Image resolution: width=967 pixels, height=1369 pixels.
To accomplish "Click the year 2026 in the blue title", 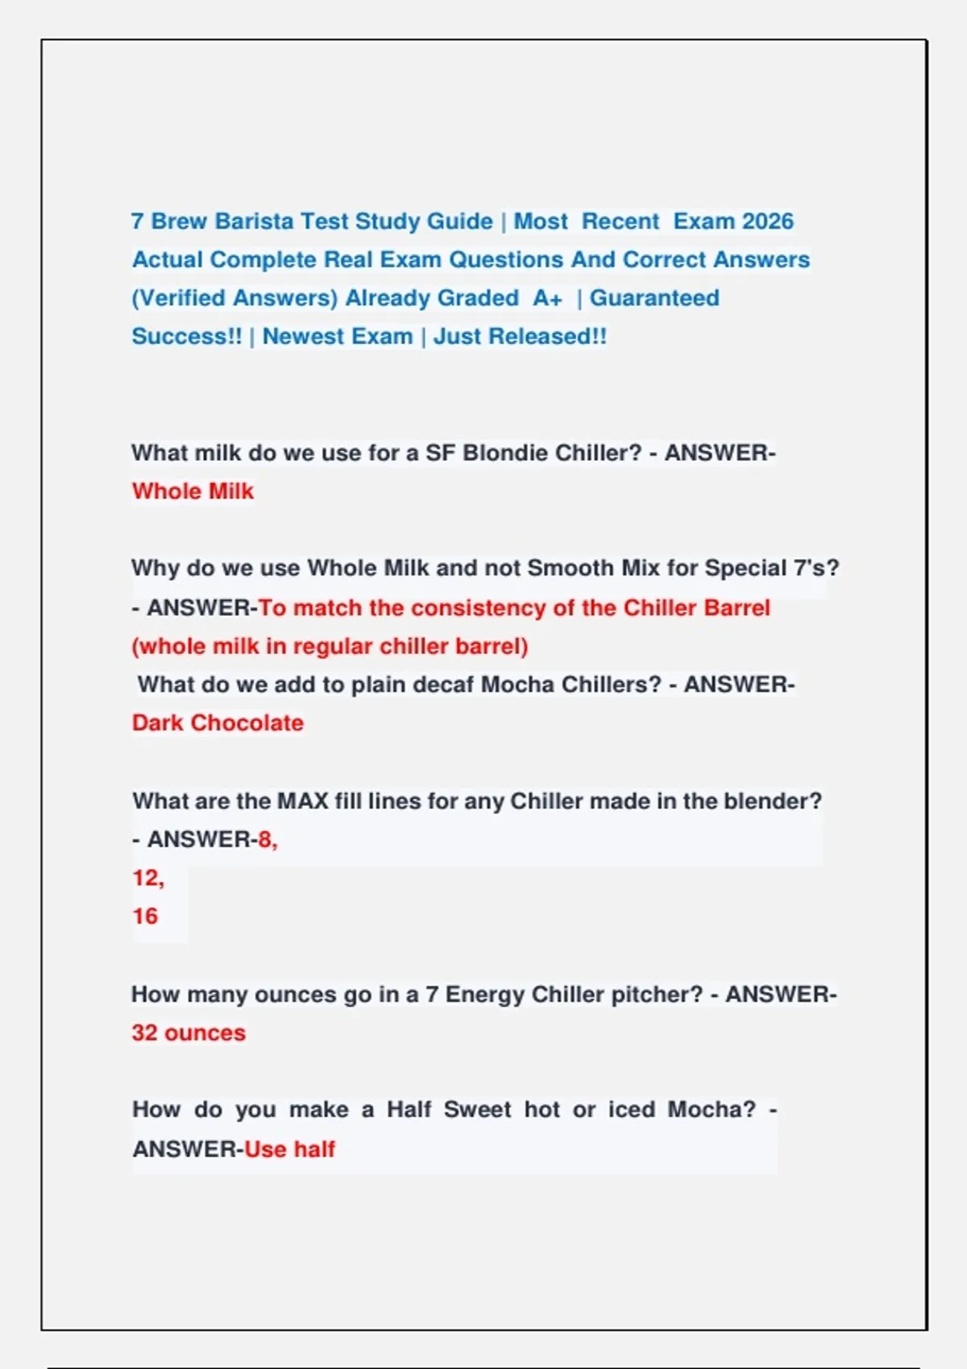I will point(767,221).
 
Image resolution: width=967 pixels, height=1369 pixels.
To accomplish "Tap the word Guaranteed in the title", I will point(654,298).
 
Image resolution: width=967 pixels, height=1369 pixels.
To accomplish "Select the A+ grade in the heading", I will point(547,298).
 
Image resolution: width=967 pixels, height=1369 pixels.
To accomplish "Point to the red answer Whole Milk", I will point(193,491).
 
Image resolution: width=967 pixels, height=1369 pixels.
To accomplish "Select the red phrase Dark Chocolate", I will point(218,723).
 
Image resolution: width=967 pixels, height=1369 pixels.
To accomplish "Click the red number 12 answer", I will point(147,878).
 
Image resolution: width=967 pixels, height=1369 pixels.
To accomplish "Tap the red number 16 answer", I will point(145,916).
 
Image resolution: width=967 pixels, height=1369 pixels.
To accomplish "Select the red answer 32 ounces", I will point(189,1033).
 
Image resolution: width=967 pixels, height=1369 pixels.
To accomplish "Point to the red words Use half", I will point(289,1149).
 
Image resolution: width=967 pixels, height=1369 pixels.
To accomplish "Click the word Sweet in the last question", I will point(477,1110).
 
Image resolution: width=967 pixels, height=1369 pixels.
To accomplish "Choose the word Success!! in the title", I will point(186,337).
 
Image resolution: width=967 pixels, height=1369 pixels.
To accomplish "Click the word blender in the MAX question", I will point(772,801).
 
